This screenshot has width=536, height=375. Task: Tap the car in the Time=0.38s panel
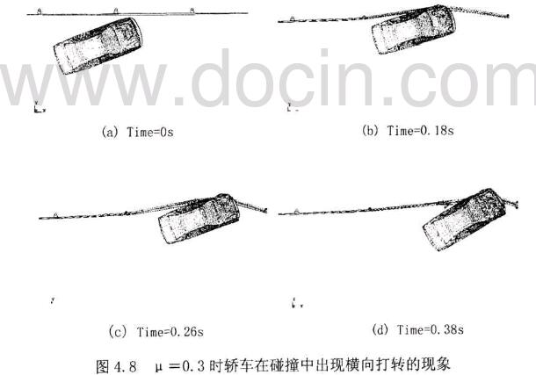pyautogui.click(x=461, y=218)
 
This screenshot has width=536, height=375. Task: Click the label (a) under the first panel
pyautogui.click(x=110, y=133)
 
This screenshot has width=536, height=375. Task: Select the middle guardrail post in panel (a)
pyautogui.click(x=117, y=10)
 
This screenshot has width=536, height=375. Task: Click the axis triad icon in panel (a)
pyautogui.click(x=35, y=109)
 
